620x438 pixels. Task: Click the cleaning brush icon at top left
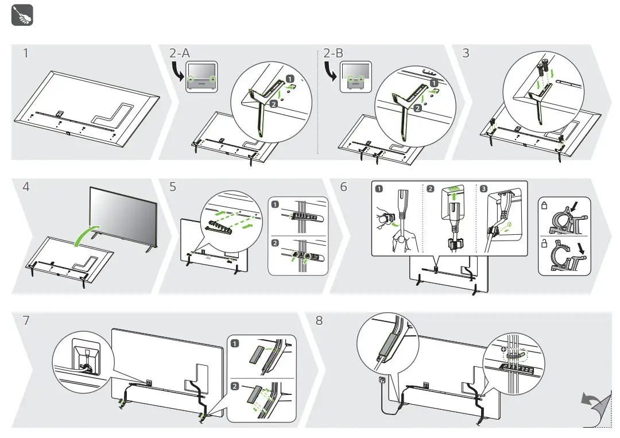click(22, 15)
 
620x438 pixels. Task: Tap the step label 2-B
click(333, 53)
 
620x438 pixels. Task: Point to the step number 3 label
click(466, 53)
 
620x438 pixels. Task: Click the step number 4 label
click(25, 188)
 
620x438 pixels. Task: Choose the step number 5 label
click(174, 188)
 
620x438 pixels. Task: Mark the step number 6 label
click(344, 188)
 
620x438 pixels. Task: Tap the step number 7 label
click(25, 321)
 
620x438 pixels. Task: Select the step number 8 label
click(319, 321)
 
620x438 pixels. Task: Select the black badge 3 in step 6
click(485, 189)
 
